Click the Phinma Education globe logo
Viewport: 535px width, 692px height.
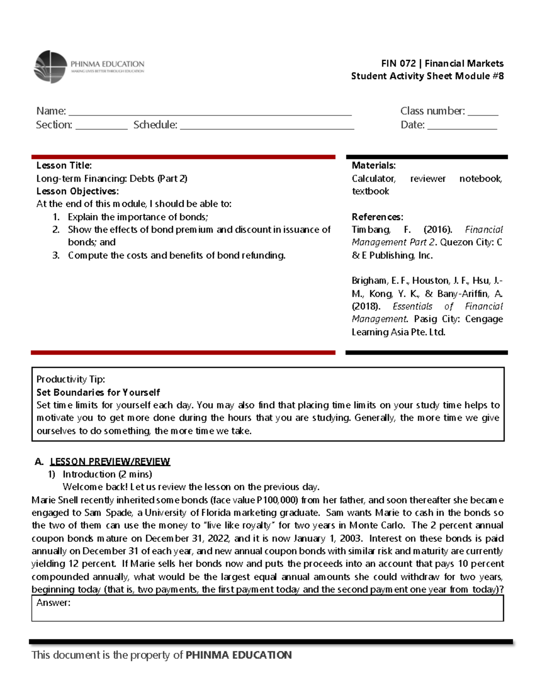[x=50, y=67]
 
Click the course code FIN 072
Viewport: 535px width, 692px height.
[x=398, y=63]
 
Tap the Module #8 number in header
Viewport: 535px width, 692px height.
[x=498, y=76]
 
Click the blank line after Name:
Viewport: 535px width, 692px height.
[x=210, y=112]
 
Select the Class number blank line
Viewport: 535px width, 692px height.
[x=482, y=112]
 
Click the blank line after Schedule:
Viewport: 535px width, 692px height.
[x=267, y=126]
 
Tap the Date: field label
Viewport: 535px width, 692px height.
[x=412, y=125]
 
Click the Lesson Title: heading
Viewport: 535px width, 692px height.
[x=64, y=165]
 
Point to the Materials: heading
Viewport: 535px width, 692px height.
[x=373, y=165]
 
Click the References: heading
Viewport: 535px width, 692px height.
[x=377, y=217]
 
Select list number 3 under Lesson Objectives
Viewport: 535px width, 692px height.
[x=56, y=255]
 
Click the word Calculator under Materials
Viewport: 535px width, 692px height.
[x=373, y=179]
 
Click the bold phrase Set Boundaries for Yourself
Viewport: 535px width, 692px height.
[x=98, y=393]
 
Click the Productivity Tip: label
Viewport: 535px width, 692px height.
[x=70, y=379]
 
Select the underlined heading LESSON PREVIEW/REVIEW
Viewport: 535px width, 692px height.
[x=110, y=462]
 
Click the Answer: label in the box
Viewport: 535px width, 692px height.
[x=53, y=603]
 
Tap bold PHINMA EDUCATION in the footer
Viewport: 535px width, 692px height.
[x=239, y=655]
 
